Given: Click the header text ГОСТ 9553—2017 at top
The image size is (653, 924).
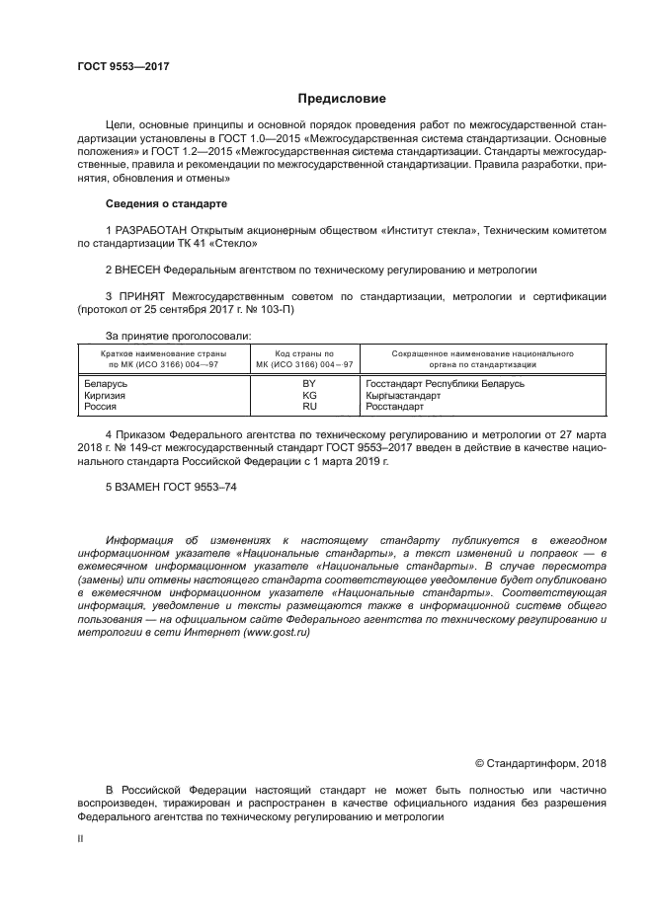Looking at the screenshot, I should (x=122, y=66).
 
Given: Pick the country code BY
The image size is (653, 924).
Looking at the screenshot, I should (x=308, y=383).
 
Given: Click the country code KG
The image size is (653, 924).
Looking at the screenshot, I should (x=308, y=395).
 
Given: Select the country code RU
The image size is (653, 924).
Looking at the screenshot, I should (x=308, y=406).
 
